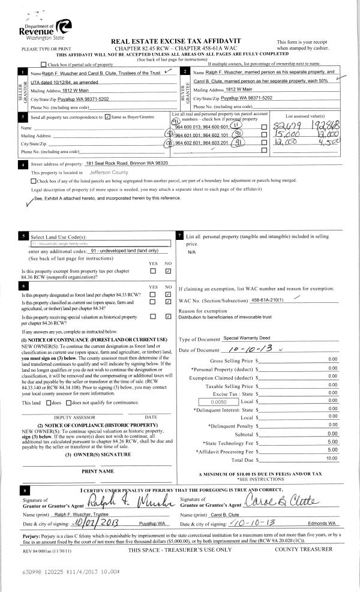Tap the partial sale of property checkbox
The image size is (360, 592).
click(43, 64)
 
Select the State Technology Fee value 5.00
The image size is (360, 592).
click(334, 442)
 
